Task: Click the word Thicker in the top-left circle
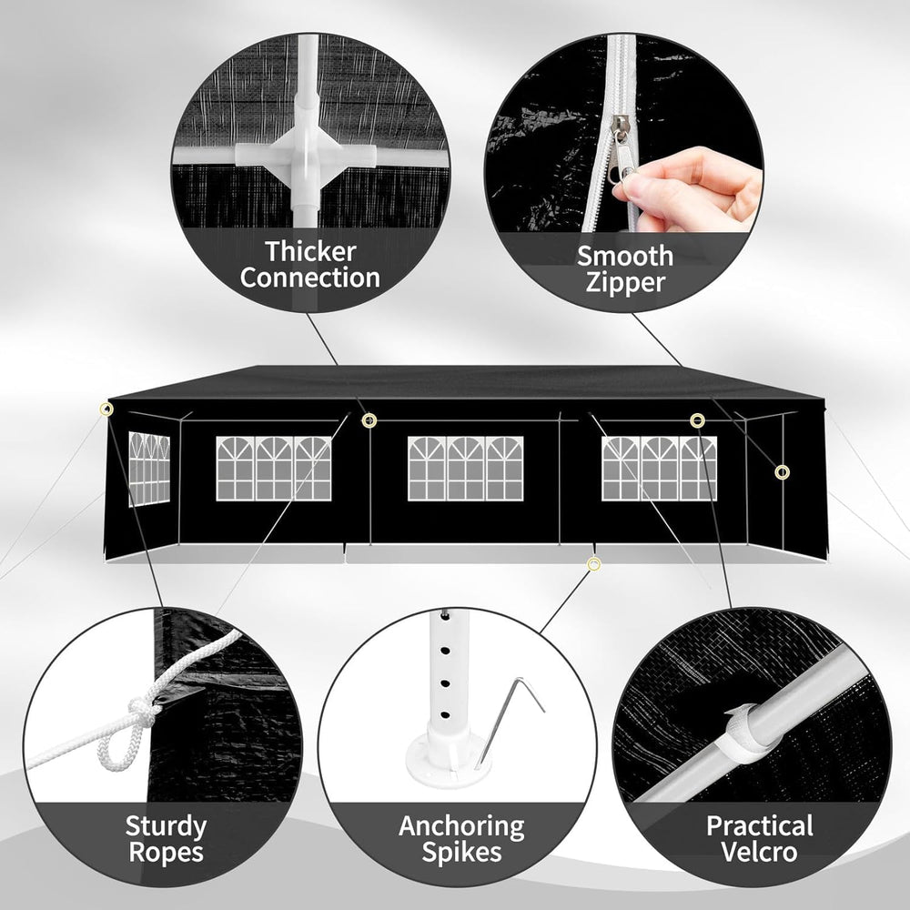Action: (x=310, y=252)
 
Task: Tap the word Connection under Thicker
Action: (x=310, y=278)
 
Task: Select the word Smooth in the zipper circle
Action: (x=625, y=256)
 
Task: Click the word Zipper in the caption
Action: (x=625, y=283)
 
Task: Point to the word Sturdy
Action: (x=166, y=827)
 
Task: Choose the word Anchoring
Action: (x=461, y=827)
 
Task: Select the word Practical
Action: (x=759, y=826)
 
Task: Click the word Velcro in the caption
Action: (x=759, y=852)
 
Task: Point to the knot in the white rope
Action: (x=141, y=712)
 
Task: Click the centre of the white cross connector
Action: (x=306, y=156)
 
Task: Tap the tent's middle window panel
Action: (x=465, y=469)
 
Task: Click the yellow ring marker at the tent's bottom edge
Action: (x=593, y=563)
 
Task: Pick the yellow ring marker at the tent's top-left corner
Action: (x=106, y=409)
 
